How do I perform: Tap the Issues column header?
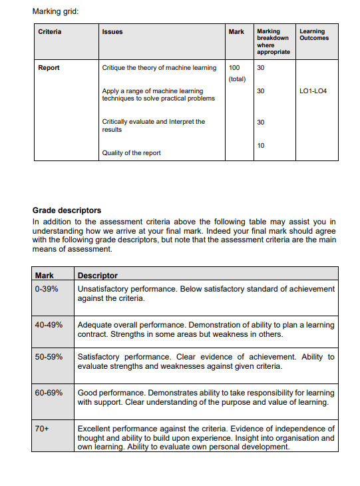coord(112,32)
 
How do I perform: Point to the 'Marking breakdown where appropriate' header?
coord(273,41)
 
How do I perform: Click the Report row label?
coord(49,68)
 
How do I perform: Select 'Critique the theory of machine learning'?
coord(159,68)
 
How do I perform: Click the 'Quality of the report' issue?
coord(131,153)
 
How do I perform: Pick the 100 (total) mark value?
coord(237,73)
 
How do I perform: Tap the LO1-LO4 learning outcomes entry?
coord(313,91)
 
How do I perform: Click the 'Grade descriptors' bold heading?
coord(67,210)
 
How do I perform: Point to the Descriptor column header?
coord(98,275)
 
